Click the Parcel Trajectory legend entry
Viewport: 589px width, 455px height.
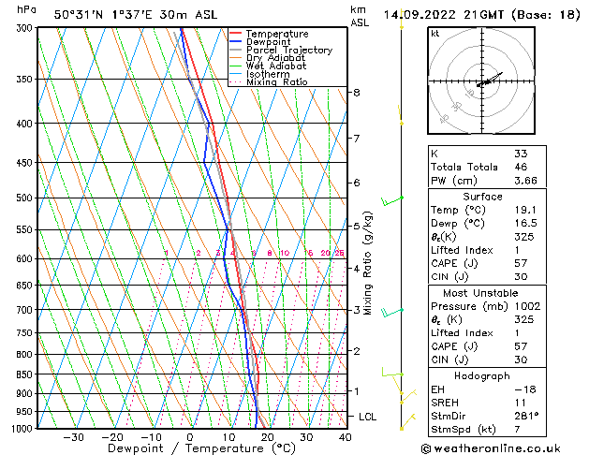point(288,50)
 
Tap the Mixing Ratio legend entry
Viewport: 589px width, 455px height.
point(277,82)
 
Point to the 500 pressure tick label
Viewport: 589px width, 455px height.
point(25,198)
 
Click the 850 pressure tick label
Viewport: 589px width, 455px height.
point(25,374)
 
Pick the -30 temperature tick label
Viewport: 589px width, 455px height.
point(73,437)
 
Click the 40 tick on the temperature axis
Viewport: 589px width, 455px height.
point(345,437)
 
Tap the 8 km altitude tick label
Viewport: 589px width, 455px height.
point(356,93)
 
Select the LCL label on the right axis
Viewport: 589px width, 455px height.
point(369,416)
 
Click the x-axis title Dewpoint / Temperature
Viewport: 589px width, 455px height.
point(190,448)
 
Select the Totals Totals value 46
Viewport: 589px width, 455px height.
point(521,167)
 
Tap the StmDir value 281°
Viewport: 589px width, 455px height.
point(527,416)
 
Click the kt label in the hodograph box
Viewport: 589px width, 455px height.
point(435,34)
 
